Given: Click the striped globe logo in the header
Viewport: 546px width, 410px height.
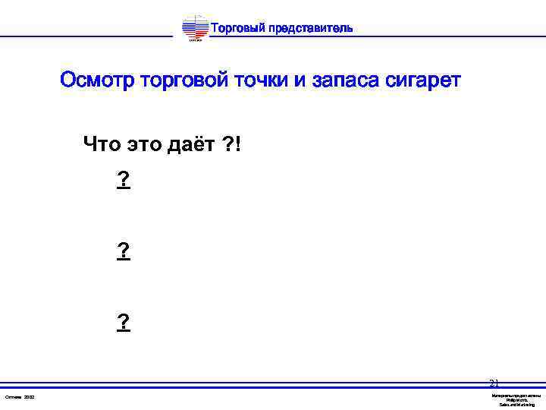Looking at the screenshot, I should (195, 29).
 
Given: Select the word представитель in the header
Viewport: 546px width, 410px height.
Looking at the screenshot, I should (310, 29).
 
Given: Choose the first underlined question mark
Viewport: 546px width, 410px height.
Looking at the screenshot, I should (124, 180).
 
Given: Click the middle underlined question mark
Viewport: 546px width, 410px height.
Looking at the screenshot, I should (124, 251).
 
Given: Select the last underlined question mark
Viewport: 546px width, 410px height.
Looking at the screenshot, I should (124, 323).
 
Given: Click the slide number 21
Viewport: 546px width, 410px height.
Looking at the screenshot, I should (494, 384).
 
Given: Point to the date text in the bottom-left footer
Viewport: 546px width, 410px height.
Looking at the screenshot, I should (20, 397).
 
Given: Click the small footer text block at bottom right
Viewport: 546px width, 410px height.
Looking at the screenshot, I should (516, 400).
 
